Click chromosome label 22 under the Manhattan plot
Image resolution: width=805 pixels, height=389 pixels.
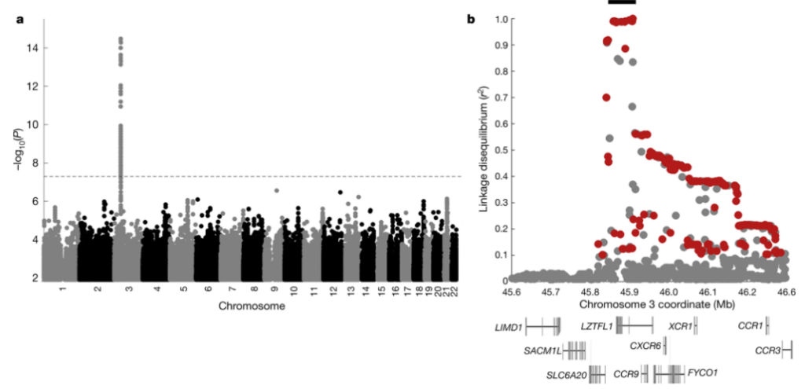[x=455, y=290]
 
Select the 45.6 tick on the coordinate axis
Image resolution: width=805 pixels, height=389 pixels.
[x=512, y=292]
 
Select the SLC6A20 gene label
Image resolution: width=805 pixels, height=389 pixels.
[x=567, y=374]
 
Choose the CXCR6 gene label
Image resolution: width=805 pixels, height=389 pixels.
[x=645, y=345]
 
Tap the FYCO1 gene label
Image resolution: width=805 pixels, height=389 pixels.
[x=704, y=372]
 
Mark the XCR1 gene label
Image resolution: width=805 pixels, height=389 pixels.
[x=679, y=325]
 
